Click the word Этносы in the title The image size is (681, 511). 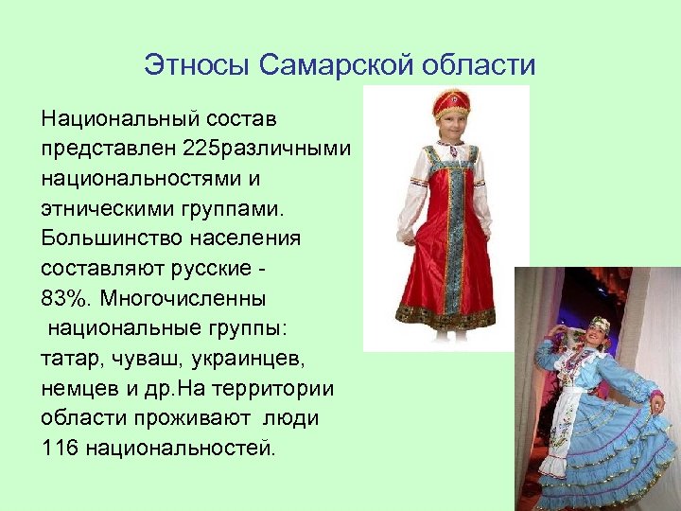(196, 65)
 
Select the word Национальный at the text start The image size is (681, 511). (118, 120)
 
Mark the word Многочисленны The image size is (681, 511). (188, 299)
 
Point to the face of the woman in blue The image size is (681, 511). (597, 332)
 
